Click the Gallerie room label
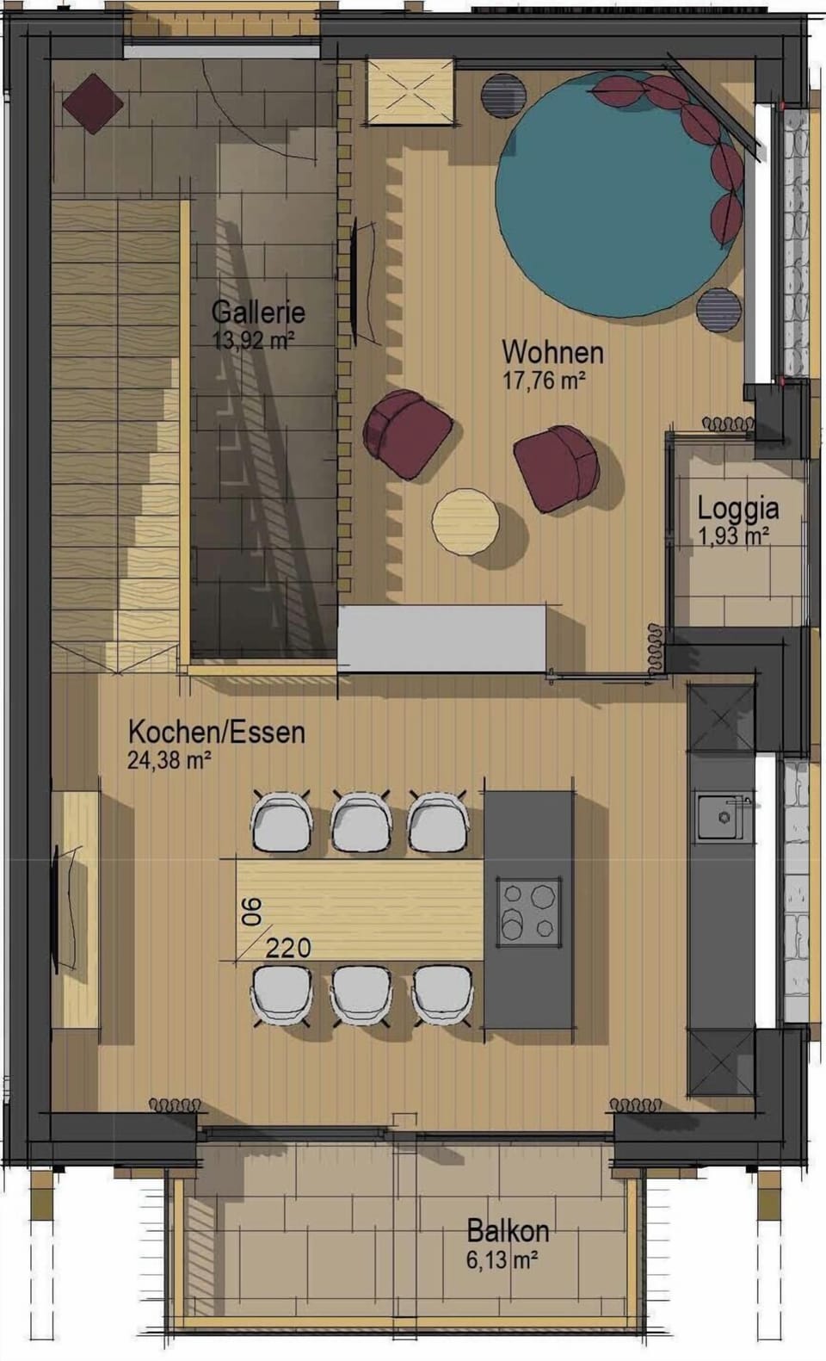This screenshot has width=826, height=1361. tap(258, 311)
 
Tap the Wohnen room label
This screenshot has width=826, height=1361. tap(552, 351)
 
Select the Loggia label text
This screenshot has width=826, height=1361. tap(737, 508)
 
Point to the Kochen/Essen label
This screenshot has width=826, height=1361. tap(216, 732)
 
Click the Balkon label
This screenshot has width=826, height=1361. tap(508, 1230)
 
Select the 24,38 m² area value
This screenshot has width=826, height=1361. tap(170, 760)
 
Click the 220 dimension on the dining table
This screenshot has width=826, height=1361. tap(287, 948)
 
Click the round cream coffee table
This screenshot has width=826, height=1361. tap(465, 523)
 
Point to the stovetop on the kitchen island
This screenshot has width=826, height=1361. tap(528, 910)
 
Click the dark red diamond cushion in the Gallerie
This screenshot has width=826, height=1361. tap(92, 103)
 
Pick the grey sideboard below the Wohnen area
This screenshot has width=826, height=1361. tap(441, 638)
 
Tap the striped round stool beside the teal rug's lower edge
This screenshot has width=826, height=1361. tap(718, 309)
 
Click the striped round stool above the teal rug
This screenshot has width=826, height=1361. tap(502, 94)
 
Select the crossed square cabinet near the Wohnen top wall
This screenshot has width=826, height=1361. tap(410, 90)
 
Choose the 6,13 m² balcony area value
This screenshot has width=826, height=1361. tap(502, 1260)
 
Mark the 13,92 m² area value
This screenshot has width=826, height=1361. tap(253, 340)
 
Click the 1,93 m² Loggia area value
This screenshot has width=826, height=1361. tap(733, 536)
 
